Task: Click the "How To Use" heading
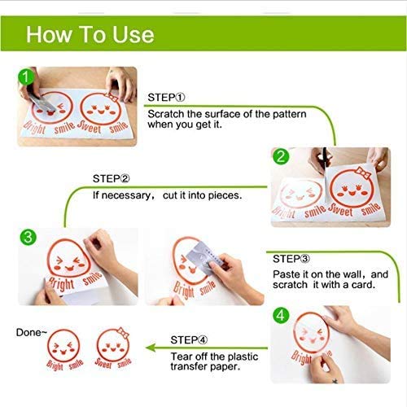(x=90, y=35)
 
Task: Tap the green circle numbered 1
(x=26, y=77)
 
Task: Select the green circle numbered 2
(x=281, y=156)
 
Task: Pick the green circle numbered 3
(x=28, y=237)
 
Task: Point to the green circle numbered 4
(x=281, y=315)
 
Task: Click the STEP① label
(x=166, y=98)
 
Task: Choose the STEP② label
(x=112, y=178)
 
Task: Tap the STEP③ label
(x=291, y=259)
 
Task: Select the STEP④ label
(x=189, y=339)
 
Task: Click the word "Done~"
(x=32, y=332)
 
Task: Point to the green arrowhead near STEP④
(x=151, y=348)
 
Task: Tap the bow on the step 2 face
(x=363, y=173)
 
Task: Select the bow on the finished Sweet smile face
(x=123, y=332)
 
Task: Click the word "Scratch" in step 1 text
(x=166, y=114)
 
